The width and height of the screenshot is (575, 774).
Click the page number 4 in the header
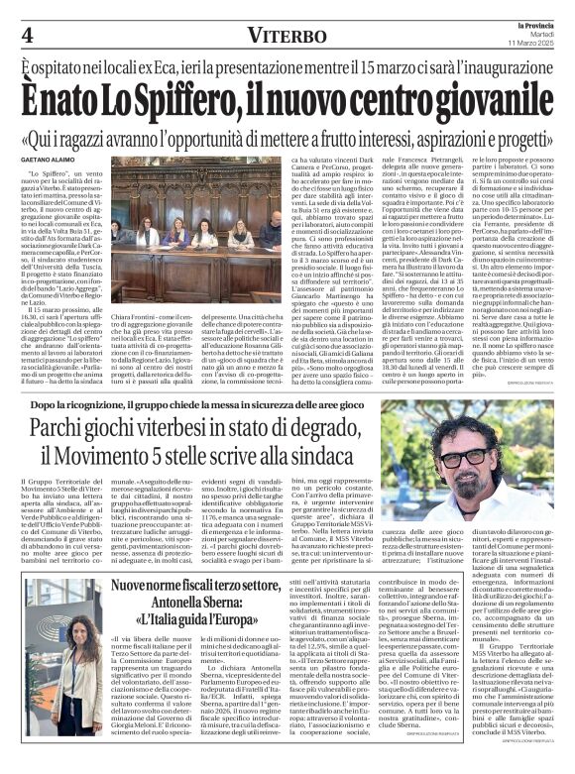26,34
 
